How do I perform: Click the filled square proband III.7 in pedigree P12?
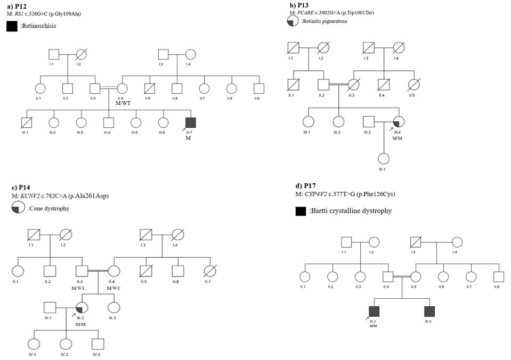coord(190,122)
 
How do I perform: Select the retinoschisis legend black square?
coord(12,26)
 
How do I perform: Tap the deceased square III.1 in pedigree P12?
coord(25,122)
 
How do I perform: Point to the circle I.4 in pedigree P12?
coord(190,54)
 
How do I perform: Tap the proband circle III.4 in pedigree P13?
coord(398,122)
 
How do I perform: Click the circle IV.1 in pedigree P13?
coord(383,158)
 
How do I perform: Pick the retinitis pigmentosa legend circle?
coord(292,21)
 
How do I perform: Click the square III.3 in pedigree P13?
coord(368,122)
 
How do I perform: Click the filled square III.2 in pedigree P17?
coord(429,311)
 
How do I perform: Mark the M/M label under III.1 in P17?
coord(374,325)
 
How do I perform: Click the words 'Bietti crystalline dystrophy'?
coord(350,211)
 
